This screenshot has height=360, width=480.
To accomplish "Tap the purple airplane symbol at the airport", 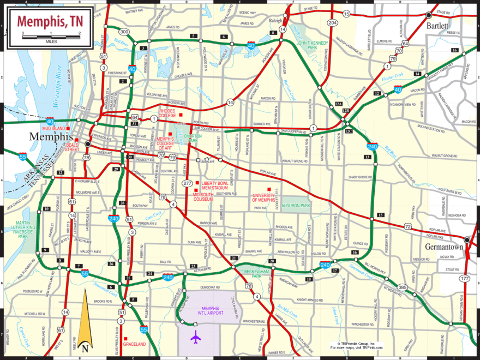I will pos(196,338).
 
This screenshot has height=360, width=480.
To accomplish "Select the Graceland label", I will pos(134,344).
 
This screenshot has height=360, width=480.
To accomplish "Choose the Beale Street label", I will pos(72,145).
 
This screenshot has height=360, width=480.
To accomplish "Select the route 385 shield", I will pos(403,287).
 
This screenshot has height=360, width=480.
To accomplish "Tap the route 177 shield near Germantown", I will pos(465,279).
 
